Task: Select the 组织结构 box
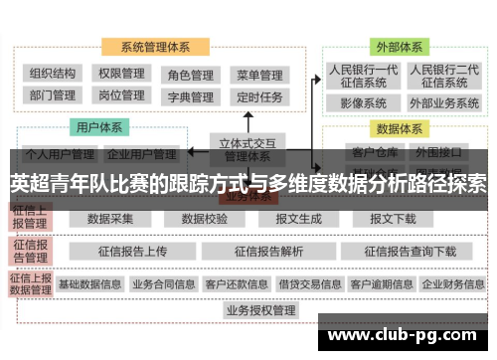click(53, 74)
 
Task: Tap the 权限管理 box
click(121, 74)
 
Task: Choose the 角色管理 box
click(190, 75)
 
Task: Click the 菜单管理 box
click(258, 75)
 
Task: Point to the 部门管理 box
click(53, 95)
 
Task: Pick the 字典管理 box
click(190, 97)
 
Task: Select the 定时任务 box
click(258, 97)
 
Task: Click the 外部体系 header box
click(398, 46)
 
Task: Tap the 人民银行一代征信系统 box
click(363, 77)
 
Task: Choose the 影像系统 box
click(363, 103)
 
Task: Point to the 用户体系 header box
click(98, 127)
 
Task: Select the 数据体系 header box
click(402, 128)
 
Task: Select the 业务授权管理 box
click(260, 311)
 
